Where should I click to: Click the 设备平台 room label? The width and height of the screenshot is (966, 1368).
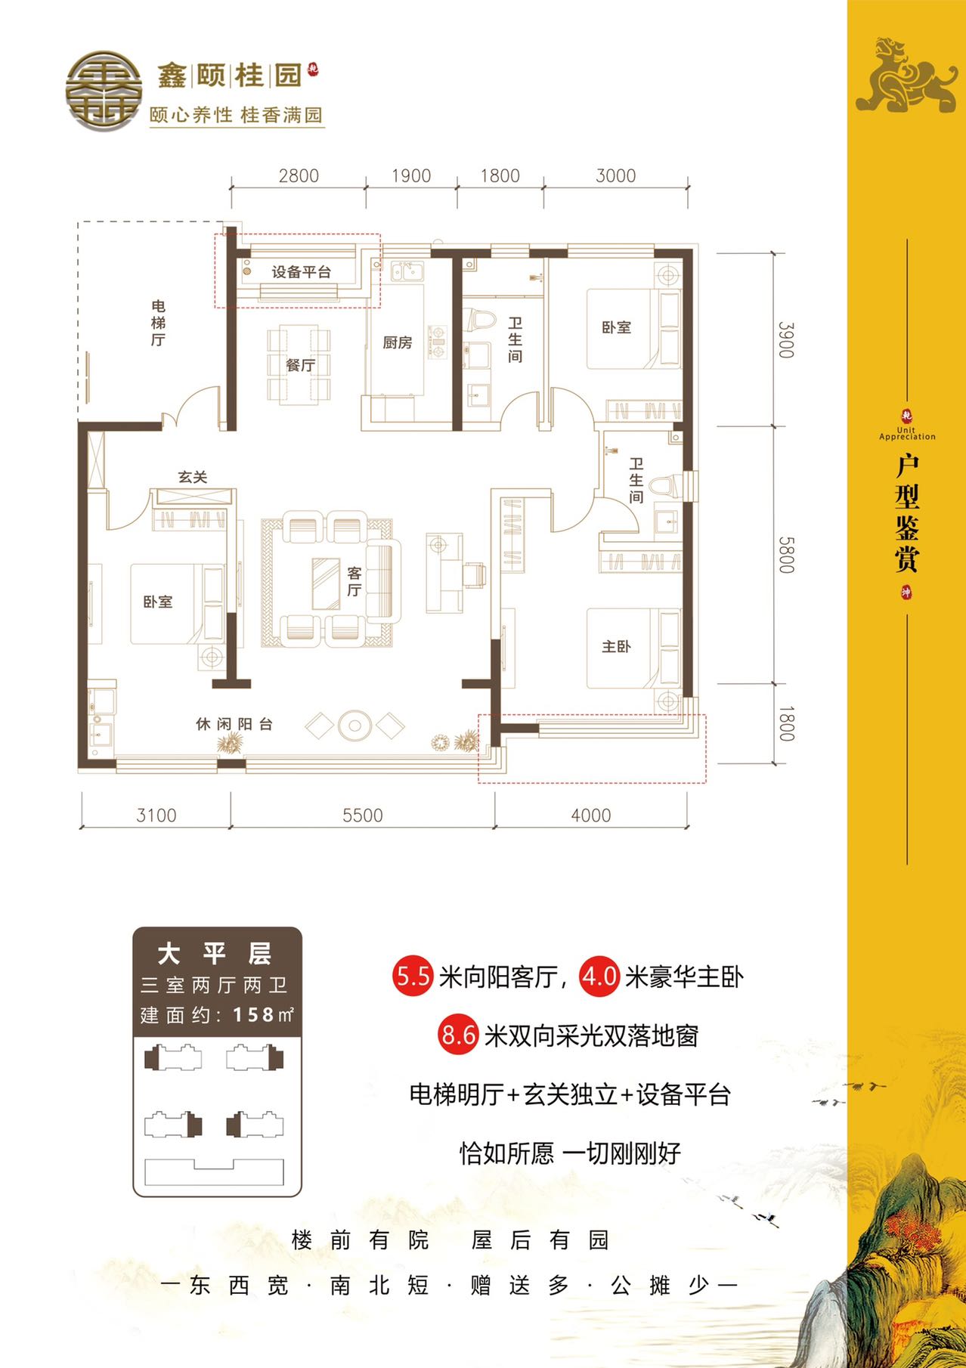[x=302, y=272]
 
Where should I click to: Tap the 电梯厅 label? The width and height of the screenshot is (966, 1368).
[x=158, y=323]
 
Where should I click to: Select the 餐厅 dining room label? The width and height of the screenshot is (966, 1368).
[x=300, y=365]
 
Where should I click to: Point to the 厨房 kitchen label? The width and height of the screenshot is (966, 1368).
[x=398, y=342]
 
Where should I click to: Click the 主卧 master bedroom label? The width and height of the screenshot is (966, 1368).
[x=616, y=646]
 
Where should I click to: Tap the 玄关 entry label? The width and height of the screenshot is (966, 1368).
[x=193, y=477]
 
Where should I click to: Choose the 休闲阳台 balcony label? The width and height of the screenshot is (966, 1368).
[x=234, y=724]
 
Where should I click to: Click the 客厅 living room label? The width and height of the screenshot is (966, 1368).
[x=354, y=581]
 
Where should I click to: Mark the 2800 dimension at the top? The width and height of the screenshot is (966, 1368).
[x=299, y=175]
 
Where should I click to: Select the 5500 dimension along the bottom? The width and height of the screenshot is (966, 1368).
[x=363, y=816]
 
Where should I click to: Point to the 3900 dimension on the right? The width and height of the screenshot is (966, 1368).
[x=786, y=340]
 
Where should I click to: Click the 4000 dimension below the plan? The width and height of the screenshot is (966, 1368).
[x=591, y=816]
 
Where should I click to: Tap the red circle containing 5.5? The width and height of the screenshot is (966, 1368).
[x=413, y=976]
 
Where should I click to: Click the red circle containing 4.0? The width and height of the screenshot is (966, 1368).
[x=599, y=976]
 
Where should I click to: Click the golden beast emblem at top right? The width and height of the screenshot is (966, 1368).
[x=906, y=75]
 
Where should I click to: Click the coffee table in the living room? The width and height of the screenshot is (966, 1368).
[x=326, y=583]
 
